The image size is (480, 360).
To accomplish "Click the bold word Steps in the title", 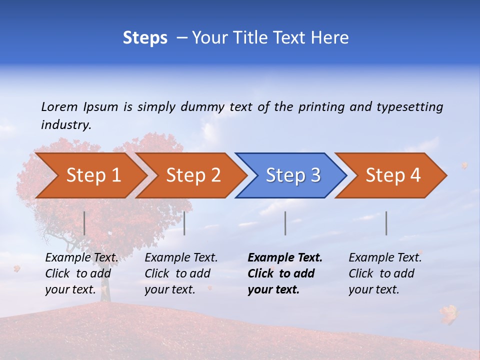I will [145, 38].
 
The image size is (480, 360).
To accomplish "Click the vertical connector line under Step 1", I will [84, 223].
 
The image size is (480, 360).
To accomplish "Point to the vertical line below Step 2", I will [184, 223].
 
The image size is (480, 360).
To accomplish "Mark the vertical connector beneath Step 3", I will [285, 223].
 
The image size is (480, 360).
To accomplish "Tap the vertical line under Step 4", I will [386, 223].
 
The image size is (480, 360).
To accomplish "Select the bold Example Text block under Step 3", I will [285, 273].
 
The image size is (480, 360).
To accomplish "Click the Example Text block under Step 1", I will [81, 273].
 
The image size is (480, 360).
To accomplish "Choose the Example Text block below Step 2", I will [181, 273].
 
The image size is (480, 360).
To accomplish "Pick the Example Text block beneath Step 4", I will [385, 273].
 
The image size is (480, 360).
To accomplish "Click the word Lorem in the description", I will [59, 106].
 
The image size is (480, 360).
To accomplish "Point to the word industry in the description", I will [65, 125].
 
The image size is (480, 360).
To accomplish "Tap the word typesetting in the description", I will [409, 107].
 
